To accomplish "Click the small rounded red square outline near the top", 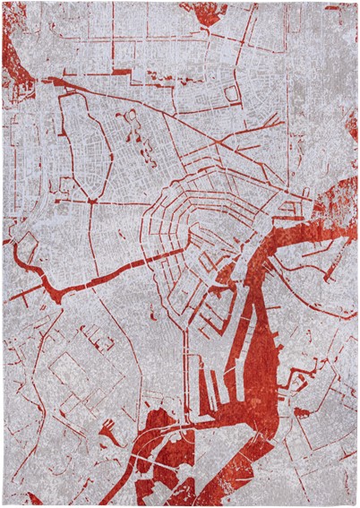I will [x=232, y=93].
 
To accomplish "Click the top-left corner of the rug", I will [x=4, y=4].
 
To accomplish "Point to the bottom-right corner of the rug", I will [x=356, y=504].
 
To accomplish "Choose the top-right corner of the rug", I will [x=356, y=4].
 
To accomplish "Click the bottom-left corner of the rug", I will [x=4, y=504].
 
